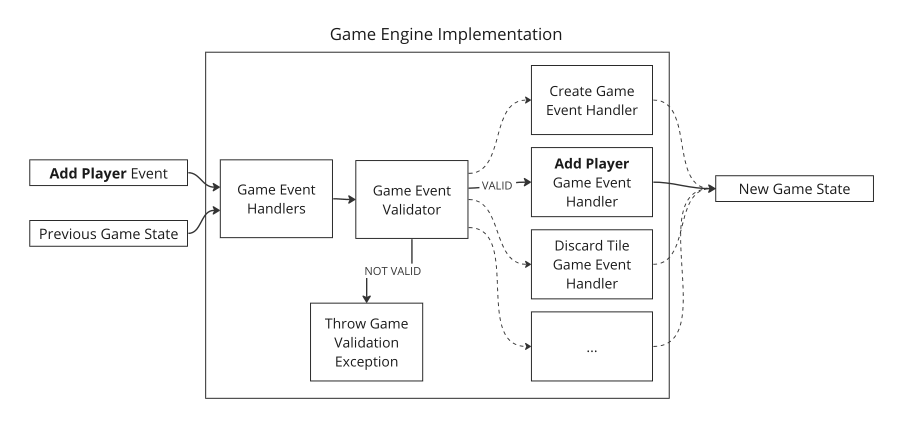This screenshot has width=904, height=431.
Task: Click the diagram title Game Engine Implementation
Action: [445, 34]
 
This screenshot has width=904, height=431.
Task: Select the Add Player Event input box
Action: [108, 173]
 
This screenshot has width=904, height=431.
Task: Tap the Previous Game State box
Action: [108, 233]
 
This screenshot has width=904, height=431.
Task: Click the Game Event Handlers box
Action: [276, 199]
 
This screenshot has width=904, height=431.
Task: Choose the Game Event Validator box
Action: [411, 199]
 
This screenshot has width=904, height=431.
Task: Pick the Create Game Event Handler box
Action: [591, 100]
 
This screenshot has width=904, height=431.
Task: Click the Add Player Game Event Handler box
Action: [591, 182]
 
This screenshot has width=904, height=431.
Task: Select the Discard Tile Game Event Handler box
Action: [591, 264]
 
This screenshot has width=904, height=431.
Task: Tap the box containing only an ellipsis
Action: [591, 346]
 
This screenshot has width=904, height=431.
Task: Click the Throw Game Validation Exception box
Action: [366, 342]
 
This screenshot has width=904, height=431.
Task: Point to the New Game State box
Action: [794, 188]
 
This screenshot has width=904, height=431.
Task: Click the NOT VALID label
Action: [392, 271]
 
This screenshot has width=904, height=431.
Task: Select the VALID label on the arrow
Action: [496, 186]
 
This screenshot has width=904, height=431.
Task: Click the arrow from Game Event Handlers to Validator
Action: [344, 199]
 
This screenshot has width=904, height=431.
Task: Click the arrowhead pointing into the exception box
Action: [366, 299]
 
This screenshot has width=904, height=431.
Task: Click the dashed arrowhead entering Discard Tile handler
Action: [527, 264]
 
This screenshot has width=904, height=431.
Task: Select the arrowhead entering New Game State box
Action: [712, 188]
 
